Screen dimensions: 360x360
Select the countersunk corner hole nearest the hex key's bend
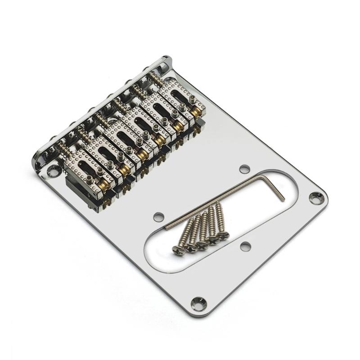coord(317,196)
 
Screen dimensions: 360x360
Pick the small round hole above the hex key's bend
coord(244,169)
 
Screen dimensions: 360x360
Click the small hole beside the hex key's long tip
coord(157,217)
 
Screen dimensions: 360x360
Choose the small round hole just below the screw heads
coord(245,246)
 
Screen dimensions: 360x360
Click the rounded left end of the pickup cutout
coord(151,250)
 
